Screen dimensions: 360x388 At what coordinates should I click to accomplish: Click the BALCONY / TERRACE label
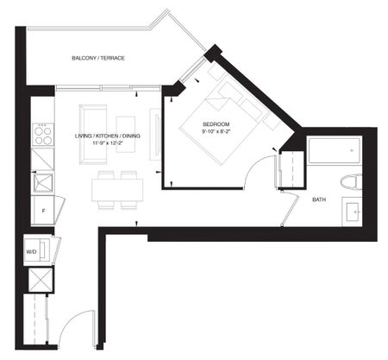point(98,58)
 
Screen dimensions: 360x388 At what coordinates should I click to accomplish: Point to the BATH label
point(319,199)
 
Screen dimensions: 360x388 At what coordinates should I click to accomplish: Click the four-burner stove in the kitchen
point(42,134)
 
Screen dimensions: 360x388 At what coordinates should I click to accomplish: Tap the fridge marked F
point(42,209)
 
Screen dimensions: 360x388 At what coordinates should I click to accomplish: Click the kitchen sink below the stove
point(41,182)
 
